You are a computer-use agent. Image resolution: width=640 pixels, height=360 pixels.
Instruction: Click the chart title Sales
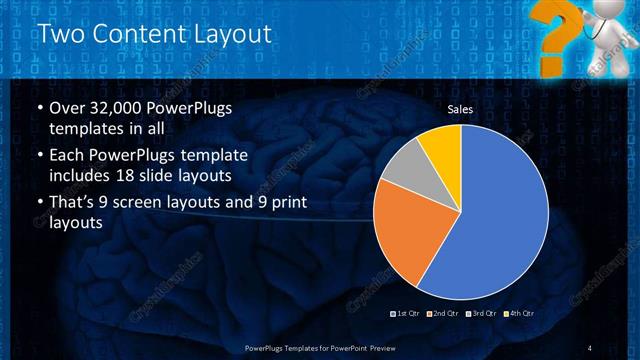pos(459,109)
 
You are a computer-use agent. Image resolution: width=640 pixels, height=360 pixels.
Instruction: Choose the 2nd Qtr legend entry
pos(445,315)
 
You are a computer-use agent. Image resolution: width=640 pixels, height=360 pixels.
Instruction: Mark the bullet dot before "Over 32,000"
pos(39,109)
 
